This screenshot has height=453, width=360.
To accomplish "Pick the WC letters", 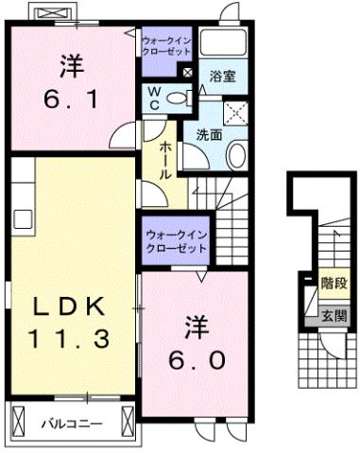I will [x=152, y=98].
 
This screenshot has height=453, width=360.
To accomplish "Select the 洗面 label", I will [x=209, y=134].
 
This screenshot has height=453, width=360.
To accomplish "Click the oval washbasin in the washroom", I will [x=237, y=156].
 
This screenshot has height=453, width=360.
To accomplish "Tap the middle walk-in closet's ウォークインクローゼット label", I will [x=175, y=241].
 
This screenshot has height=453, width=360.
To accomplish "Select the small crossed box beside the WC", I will [x=187, y=73].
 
